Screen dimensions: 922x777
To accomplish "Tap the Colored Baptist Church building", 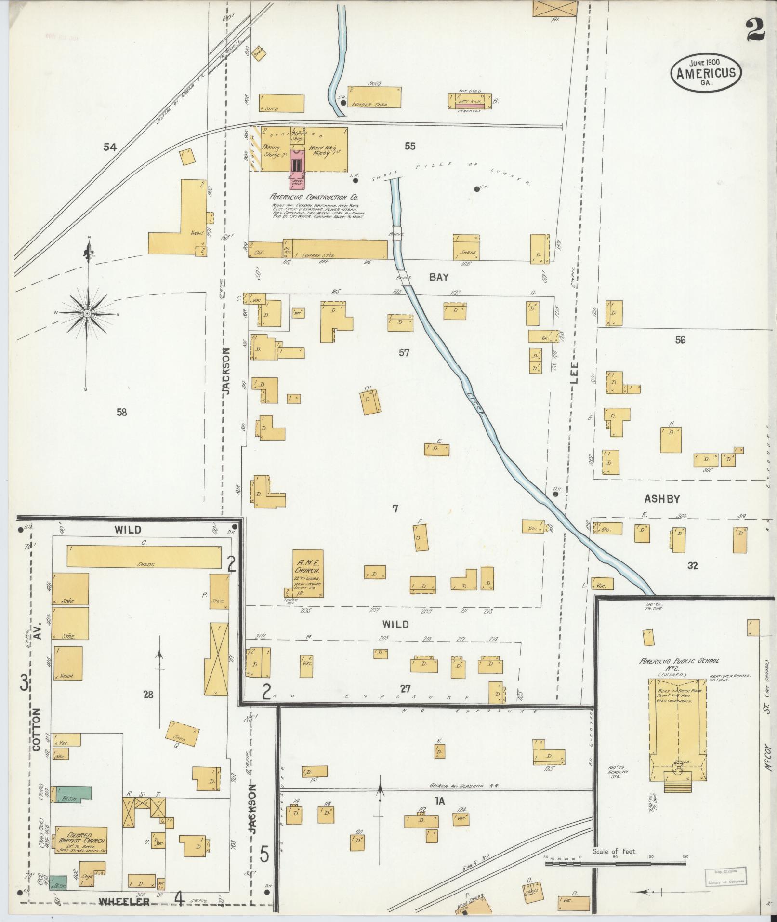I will [81, 840].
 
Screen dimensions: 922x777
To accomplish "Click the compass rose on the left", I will [87, 313].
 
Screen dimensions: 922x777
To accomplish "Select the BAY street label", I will [439, 277].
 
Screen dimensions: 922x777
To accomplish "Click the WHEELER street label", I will [124, 901].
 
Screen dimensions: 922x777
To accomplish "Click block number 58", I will [121, 412].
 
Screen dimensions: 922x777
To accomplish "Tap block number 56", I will [680, 340].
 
